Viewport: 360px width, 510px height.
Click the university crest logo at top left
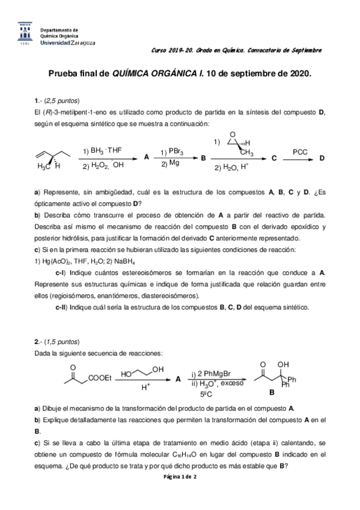pos(23,33)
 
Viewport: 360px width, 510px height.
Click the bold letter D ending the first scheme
pos(322,158)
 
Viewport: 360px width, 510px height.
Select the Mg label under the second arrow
pos(174,163)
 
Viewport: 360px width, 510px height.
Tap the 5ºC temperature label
pos(207,394)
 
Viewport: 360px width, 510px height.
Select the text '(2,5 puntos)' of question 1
pos(61,100)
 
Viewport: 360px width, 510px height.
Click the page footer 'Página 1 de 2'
pos(180,476)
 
